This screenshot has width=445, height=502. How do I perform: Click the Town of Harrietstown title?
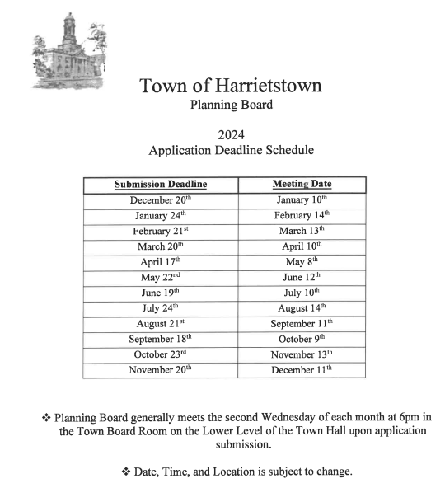(x=231, y=86)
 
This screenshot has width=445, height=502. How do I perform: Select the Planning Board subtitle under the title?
(x=231, y=105)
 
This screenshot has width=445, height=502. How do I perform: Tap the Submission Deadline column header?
(x=161, y=184)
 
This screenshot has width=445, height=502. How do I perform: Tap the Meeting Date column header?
(x=302, y=184)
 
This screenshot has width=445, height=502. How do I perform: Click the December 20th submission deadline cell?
(x=161, y=199)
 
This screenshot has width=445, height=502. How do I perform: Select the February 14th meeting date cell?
(x=302, y=215)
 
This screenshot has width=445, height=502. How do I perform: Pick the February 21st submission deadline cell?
(x=161, y=231)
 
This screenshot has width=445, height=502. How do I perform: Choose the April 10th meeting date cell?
(x=302, y=246)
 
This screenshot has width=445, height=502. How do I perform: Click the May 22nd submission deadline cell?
(x=161, y=277)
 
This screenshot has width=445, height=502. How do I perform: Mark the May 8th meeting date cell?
(x=302, y=262)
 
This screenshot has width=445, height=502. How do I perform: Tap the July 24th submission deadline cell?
(x=161, y=308)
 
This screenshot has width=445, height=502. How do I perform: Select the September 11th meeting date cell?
(x=302, y=324)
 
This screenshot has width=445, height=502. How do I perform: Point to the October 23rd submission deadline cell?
(x=161, y=354)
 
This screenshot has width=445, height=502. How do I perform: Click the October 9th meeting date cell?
(x=302, y=339)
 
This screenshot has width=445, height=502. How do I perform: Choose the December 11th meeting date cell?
(x=302, y=370)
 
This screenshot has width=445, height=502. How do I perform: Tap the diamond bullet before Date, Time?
(x=126, y=472)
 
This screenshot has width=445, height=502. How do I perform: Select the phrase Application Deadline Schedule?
(x=231, y=151)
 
